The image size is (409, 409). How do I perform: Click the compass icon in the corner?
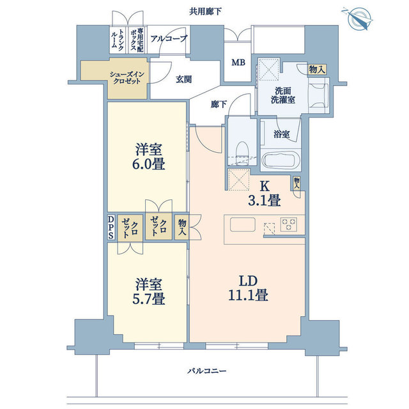click(x=357, y=19)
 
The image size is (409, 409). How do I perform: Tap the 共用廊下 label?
click(x=205, y=12)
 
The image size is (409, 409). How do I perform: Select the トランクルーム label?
click(x=118, y=40)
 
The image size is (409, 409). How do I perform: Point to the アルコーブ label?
click(x=169, y=39)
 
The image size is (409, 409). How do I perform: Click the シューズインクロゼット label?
click(x=127, y=78)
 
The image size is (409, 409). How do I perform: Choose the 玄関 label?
click(x=183, y=79)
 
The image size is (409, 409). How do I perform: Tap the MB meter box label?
click(x=238, y=63)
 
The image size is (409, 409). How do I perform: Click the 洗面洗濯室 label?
click(x=283, y=95)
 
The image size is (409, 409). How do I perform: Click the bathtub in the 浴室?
click(x=281, y=160)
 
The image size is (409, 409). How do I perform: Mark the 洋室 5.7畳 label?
click(x=149, y=291)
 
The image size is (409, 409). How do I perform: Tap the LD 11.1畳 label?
click(x=248, y=288)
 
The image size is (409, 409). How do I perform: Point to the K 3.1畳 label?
click(x=265, y=194)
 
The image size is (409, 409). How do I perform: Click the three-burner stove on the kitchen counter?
click(x=288, y=224)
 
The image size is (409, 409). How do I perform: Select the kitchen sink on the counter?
click(x=243, y=224)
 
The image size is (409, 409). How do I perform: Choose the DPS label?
click(x=111, y=228)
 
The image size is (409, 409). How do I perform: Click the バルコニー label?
click(x=206, y=371)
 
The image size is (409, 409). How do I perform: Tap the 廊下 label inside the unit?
click(x=219, y=104)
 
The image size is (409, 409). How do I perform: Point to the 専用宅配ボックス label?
click(x=137, y=40)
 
